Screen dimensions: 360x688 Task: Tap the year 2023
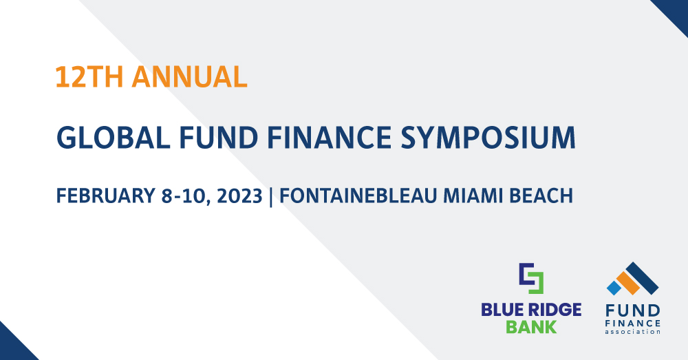tap(241, 195)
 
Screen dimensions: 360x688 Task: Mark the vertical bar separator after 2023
tap(271, 195)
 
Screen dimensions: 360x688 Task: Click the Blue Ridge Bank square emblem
tap(530, 277)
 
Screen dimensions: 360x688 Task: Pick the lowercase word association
tap(633, 331)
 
